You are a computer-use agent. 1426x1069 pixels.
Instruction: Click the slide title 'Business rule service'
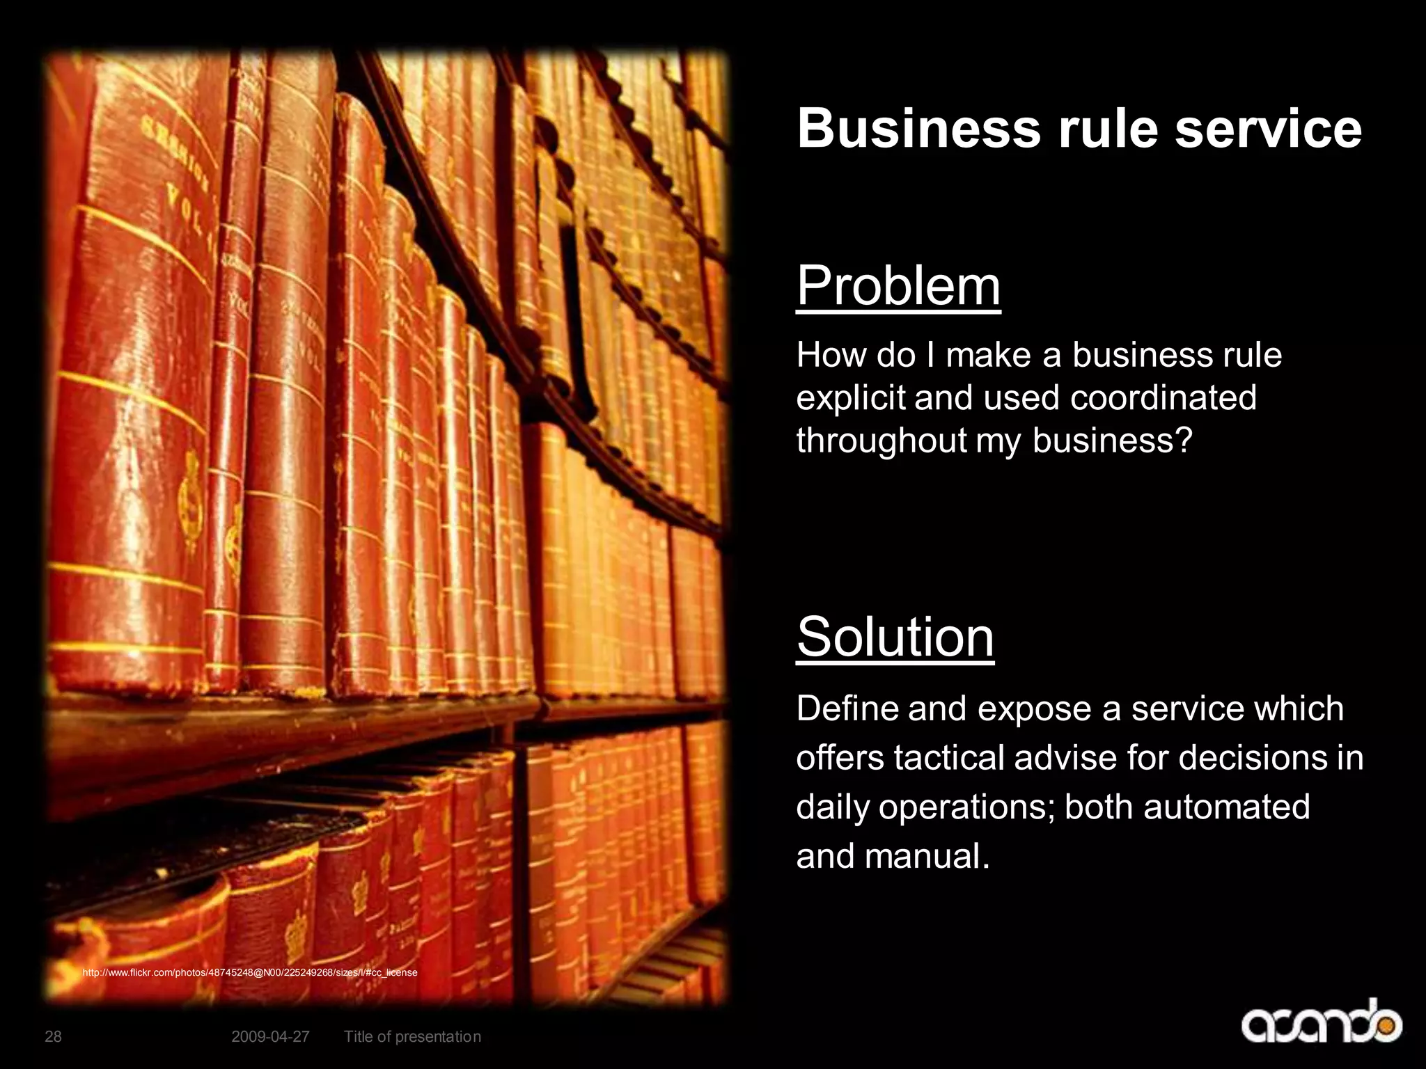[1079, 128]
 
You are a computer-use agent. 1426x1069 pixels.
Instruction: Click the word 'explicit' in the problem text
[850, 398]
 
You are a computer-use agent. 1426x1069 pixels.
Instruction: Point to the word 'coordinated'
[1163, 398]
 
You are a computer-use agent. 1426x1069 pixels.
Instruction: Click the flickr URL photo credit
[250, 972]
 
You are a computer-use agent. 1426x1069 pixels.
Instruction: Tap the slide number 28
[53, 1037]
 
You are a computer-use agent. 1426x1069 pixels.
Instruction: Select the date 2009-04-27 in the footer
[270, 1037]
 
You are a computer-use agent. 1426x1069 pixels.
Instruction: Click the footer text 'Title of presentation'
[412, 1037]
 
